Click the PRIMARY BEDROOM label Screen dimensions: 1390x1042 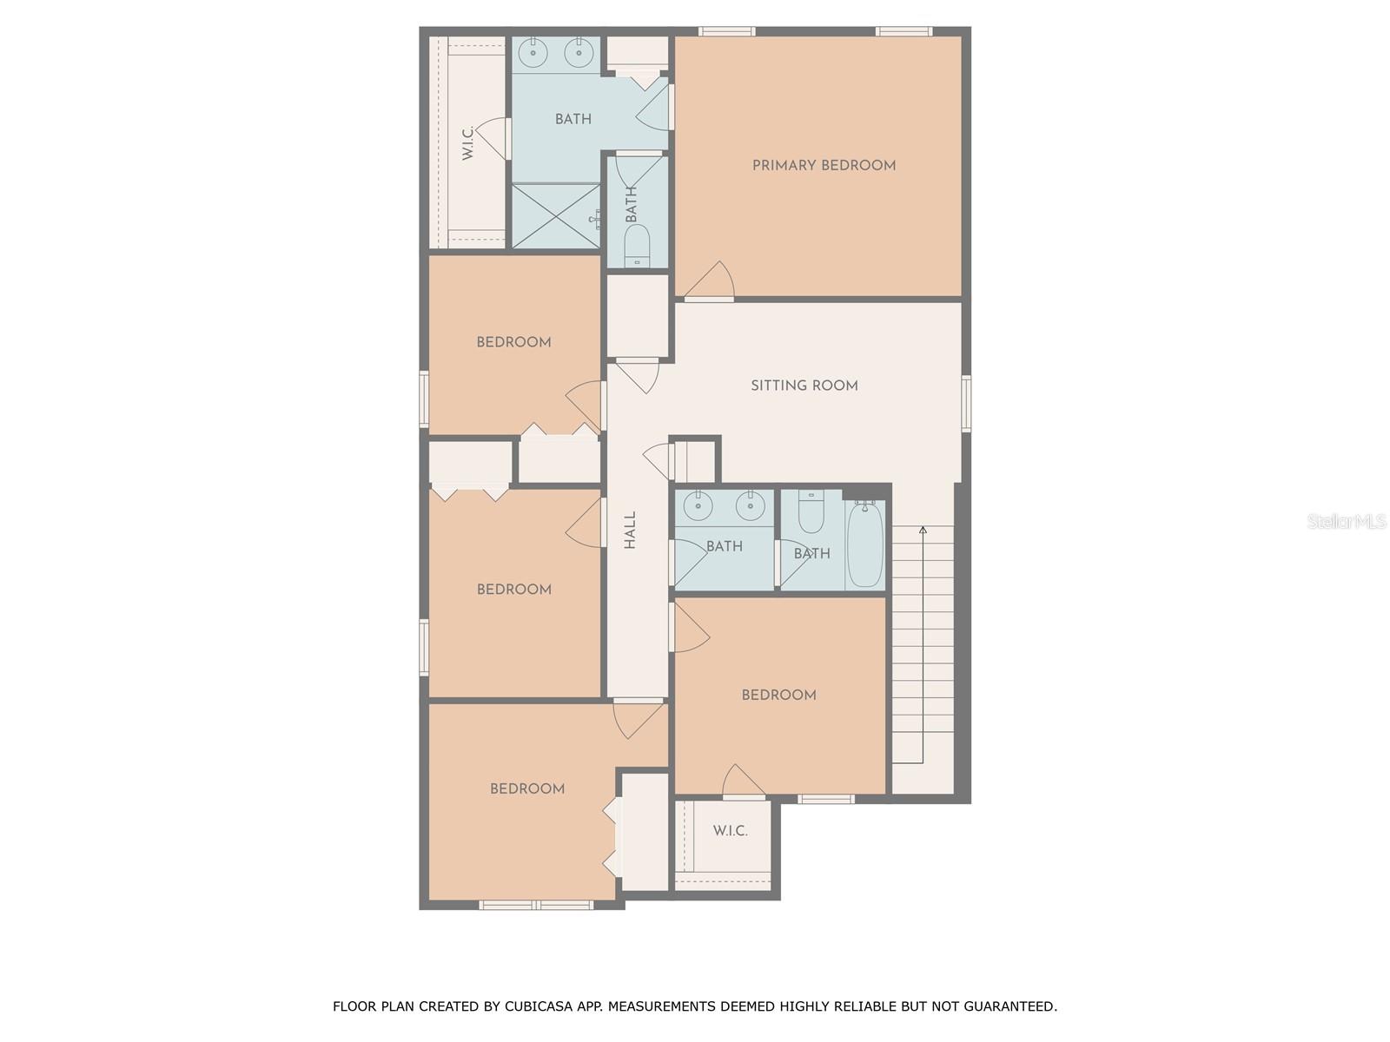824,166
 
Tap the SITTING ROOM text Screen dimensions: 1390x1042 804,386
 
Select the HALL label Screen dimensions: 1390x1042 630,530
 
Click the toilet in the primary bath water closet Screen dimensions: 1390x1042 637,246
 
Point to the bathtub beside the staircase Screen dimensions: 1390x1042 865,544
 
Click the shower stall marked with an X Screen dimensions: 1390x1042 555,215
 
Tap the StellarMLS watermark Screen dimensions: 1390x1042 1347,521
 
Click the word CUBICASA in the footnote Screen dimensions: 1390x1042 536,1006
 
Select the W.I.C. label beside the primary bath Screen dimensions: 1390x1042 467,143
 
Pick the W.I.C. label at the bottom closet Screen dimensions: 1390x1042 730,831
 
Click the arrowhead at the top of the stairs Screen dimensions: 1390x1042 923,531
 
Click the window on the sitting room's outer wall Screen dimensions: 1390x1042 966,404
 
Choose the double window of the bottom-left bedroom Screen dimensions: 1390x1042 536,905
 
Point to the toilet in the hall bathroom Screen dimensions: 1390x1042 811,511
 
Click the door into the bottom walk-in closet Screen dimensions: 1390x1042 743,782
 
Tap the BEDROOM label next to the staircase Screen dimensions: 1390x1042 779,695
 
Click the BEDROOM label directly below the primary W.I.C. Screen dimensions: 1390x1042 513,342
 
